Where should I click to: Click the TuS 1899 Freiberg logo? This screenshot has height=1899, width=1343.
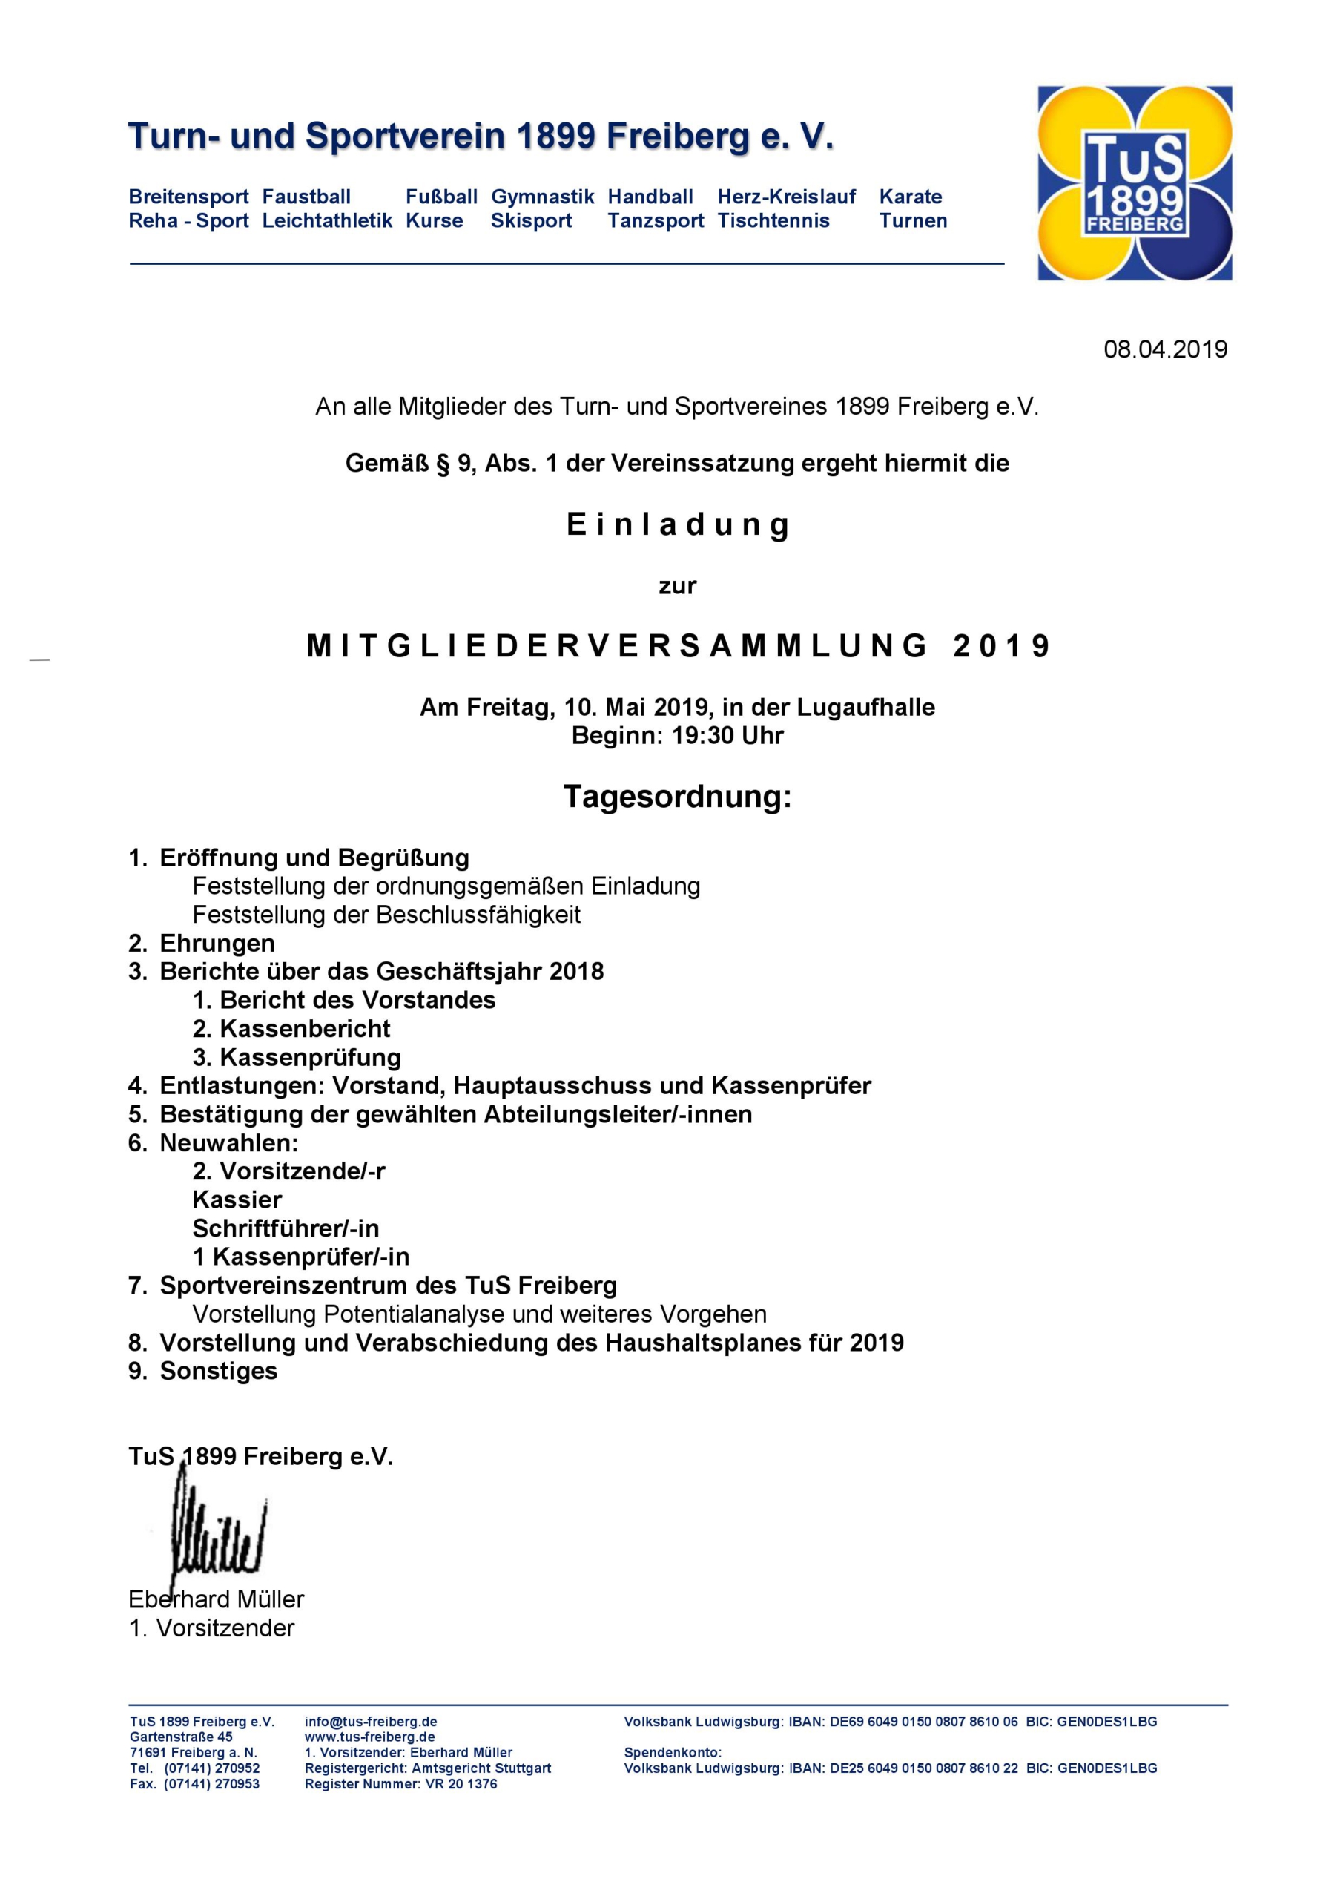[1135, 184]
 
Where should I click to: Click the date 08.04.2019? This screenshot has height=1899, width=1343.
[1165, 349]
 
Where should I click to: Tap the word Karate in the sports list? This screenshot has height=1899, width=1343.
[910, 197]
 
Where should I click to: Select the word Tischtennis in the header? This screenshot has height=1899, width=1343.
[773, 221]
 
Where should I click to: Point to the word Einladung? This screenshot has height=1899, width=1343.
[677, 525]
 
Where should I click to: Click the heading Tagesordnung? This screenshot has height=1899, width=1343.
[677, 797]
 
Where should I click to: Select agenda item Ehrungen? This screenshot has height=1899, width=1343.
[217, 943]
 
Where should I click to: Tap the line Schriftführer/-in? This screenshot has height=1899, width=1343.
[286, 1228]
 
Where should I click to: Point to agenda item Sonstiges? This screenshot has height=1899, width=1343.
[218, 1371]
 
